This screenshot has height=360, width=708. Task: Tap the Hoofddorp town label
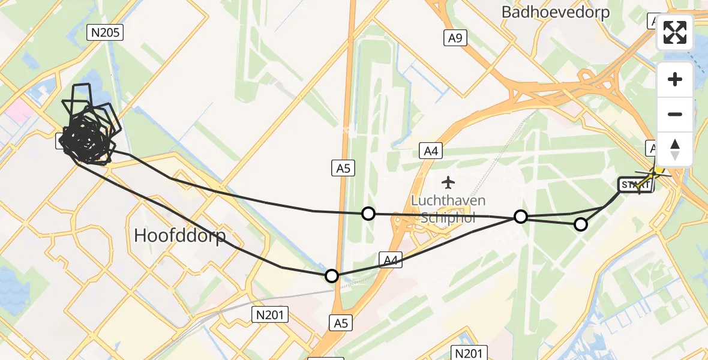tap(180, 235)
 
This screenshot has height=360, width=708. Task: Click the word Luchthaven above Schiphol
tap(448, 201)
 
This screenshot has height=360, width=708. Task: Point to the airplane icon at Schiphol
tap(448, 182)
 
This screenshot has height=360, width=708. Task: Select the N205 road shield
tap(105, 32)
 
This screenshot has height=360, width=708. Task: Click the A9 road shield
tap(455, 38)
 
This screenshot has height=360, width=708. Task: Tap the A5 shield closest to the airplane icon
tap(343, 169)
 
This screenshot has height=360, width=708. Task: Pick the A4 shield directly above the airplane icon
tap(431, 151)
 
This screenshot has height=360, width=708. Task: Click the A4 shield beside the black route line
tap(391, 260)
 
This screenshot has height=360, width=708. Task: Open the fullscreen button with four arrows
tap(675, 32)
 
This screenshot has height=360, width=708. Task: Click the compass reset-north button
tap(675, 149)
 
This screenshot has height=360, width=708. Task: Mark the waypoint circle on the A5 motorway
tap(332, 276)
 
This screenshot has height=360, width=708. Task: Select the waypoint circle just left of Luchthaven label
tap(368, 214)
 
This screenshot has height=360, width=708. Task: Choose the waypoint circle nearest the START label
tap(580, 224)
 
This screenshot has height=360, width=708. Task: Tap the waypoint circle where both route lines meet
tap(521, 217)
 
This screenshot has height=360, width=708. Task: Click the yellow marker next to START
tap(657, 170)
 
